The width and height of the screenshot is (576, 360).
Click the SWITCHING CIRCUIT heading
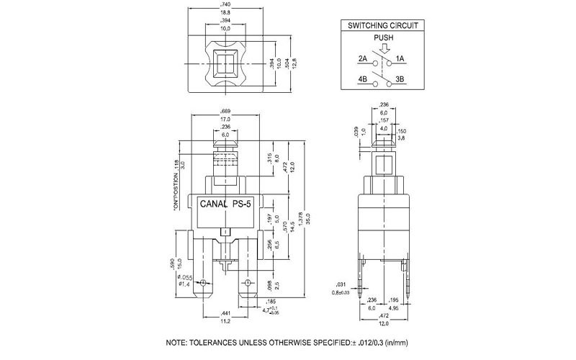click(x=385, y=24)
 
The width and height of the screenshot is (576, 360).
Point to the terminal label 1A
click(x=401, y=58)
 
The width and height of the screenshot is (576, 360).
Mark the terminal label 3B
click(x=401, y=79)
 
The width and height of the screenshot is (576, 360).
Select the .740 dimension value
click(x=226, y=6)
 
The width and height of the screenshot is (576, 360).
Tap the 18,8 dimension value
click(x=226, y=13)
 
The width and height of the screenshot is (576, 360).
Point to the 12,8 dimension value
click(x=294, y=66)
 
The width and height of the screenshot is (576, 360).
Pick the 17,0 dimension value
click(x=225, y=120)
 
